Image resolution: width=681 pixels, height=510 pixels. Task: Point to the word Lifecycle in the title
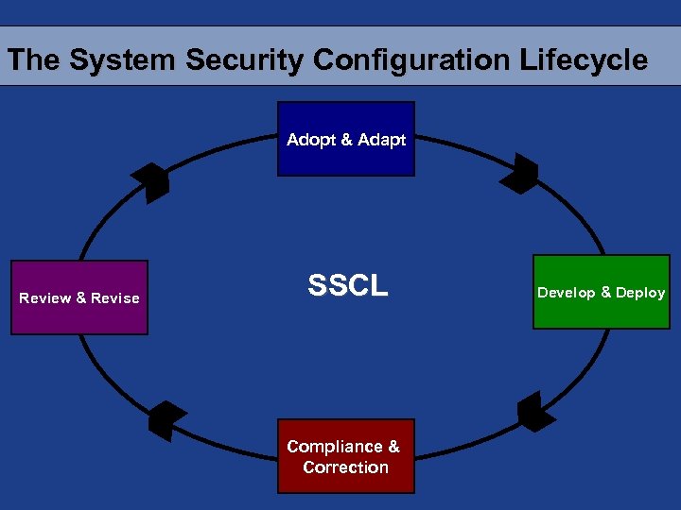[x=584, y=60]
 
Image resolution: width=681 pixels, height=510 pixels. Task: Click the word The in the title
[x=34, y=60]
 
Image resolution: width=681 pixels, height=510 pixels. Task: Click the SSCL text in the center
[x=347, y=286]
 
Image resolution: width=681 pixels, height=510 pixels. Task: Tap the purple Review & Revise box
[x=79, y=297]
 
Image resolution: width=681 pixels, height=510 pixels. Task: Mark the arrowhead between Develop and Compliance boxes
[x=535, y=412]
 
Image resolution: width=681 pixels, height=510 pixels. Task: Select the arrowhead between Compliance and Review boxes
[x=166, y=420]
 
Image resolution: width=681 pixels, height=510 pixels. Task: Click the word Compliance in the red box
[x=335, y=447]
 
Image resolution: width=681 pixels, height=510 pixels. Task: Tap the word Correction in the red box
[x=345, y=467]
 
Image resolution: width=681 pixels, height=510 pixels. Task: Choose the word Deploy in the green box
[x=640, y=293]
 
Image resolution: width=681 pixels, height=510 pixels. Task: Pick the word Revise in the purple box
[x=115, y=298]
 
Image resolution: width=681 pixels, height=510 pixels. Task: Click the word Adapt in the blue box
[x=382, y=140]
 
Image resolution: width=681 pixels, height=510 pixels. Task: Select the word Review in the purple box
[x=45, y=298]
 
